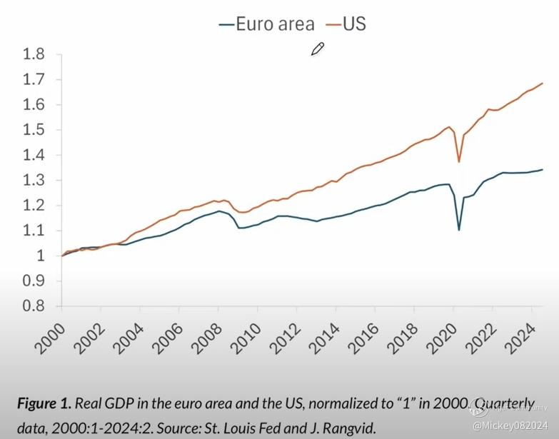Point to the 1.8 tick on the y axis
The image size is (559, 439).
(x=34, y=54)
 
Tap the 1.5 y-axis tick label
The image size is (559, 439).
(x=34, y=130)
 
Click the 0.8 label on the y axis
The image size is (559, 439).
(x=34, y=306)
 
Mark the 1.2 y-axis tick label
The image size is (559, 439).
(x=34, y=206)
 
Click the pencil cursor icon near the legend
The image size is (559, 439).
(x=318, y=49)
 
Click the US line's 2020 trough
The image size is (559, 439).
(x=459, y=161)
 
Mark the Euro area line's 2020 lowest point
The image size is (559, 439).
(x=459, y=229)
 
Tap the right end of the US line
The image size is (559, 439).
(x=543, y=84)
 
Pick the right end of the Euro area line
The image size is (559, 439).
(x=543, y=170)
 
